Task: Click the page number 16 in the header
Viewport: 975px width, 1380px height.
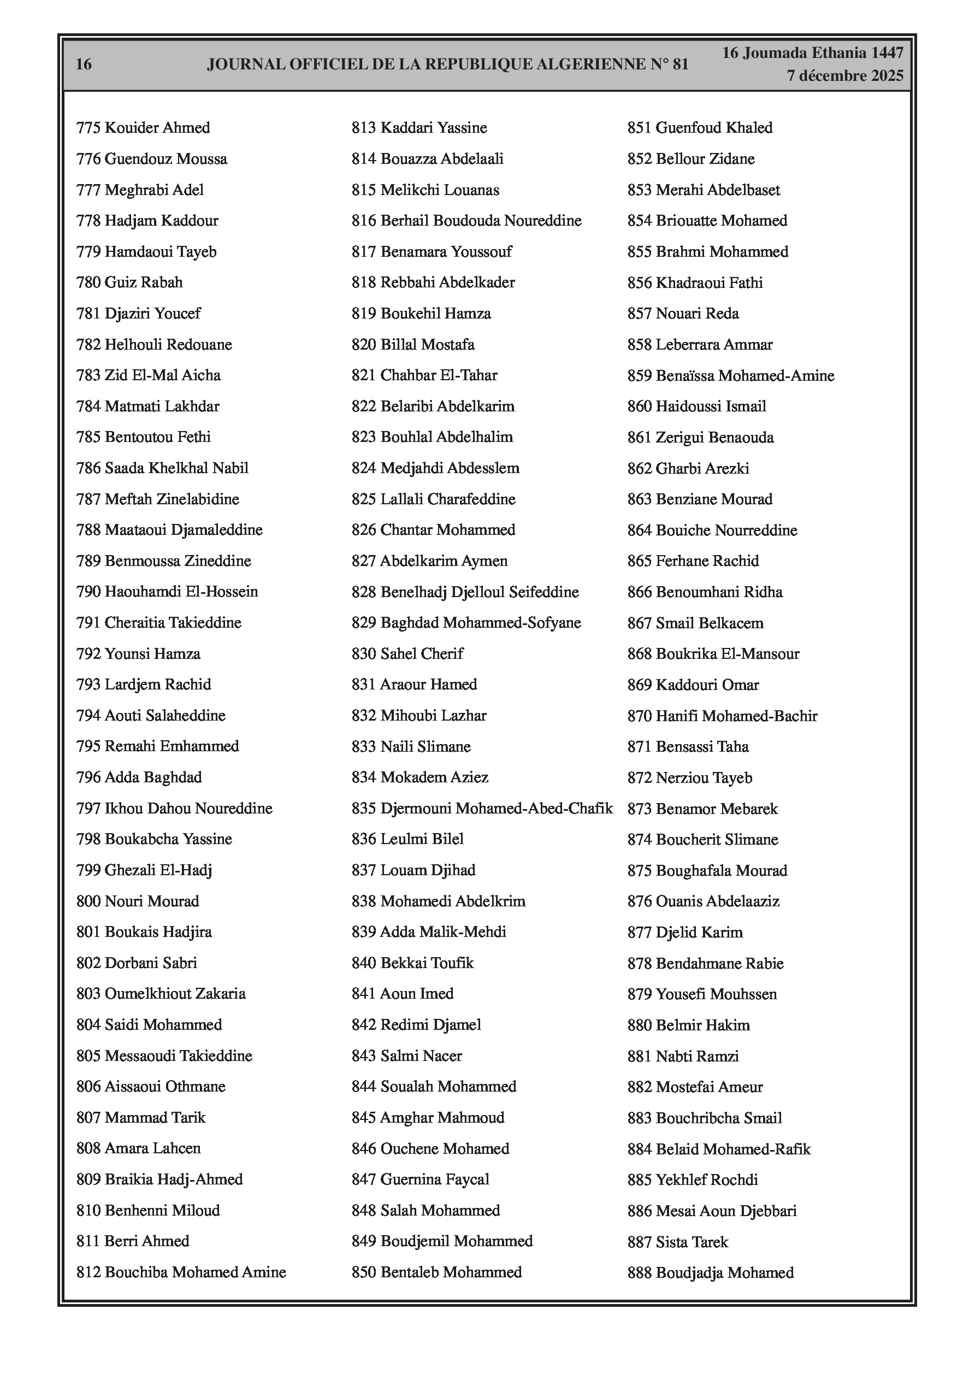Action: (84, 64)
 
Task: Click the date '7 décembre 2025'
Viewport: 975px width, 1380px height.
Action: (845, 76)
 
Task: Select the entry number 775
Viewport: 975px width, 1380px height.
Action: (88, 128)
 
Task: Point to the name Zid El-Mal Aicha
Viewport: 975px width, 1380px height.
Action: (162, 376)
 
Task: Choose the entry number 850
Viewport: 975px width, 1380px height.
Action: (364, 1272)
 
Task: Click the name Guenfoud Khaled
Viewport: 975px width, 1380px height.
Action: (714, 128)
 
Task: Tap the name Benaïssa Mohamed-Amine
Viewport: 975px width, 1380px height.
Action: (745, 376)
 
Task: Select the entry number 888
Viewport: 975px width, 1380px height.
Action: (640, 1273)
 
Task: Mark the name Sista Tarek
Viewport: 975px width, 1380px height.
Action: (692, 1242)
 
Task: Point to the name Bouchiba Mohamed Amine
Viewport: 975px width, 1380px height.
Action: (196, 1272)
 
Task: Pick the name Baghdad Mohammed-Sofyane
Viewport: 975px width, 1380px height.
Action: (480, 623)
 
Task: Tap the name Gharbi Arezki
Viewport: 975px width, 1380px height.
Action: (702, 469)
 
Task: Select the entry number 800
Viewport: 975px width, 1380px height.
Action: (88, 901)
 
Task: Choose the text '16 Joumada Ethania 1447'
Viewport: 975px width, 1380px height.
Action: (813, 53)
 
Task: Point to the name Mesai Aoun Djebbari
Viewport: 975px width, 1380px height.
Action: (726, 1211)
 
